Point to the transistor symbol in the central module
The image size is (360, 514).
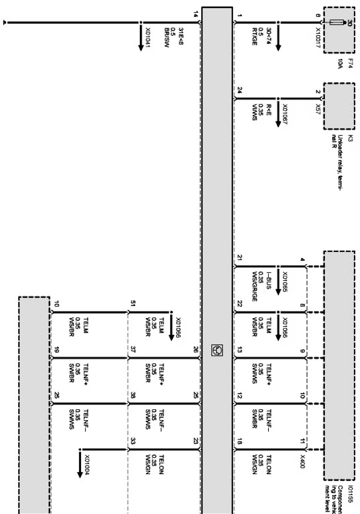217,350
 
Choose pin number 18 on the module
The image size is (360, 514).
240,441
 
